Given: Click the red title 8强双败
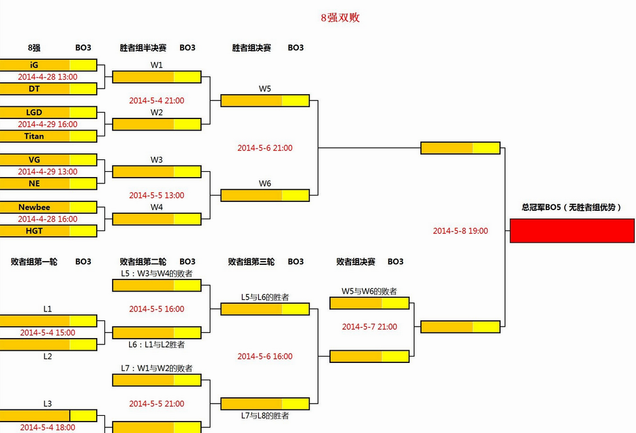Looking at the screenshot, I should [x=340, y=18].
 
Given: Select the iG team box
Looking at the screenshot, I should [x=34, y=65].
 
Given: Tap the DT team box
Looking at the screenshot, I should [x=34, y=89].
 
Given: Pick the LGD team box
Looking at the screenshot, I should [x=34, y=112].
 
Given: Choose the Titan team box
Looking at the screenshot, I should [x=34, y=136].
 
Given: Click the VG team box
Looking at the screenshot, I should [x=34, y=159].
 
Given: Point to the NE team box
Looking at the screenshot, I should [x=34, y=183].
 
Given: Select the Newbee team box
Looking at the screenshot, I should [x=34, y=207].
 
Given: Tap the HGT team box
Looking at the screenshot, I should [x=34, y=231].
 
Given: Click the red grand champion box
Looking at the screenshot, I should [x=572, y=231].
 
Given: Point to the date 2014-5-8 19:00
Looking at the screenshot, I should [x=460, y=231].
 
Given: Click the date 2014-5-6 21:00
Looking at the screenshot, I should [x=265, y=148].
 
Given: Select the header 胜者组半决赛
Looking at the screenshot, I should [x=143, y=48].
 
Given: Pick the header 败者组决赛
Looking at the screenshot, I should [x=356, y=262].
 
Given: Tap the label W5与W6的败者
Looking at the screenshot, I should [x=369, y=291].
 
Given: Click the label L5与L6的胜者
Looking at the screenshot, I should [x=265, y=297].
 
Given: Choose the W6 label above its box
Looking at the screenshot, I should [x=265, y=183].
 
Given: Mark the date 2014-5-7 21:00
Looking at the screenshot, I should [x=370, y=327].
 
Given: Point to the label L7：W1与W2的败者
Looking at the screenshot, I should [x=157, y=368].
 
